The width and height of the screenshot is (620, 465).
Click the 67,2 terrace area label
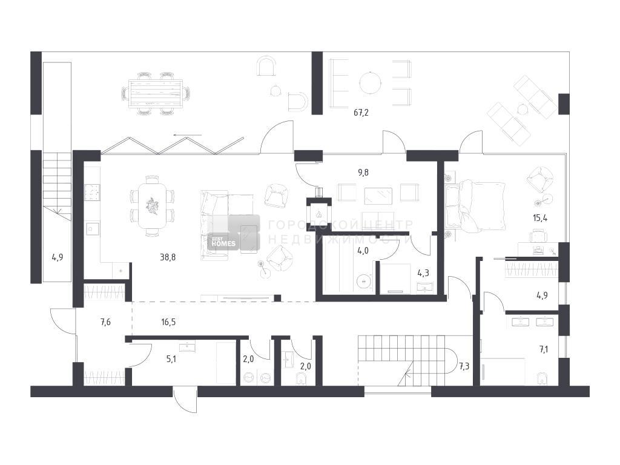coord(361,113)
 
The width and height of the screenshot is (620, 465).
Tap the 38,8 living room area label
coord(168,257)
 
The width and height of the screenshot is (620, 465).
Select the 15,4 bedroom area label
coord(539,218)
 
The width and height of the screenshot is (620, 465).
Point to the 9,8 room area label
coord(363,173)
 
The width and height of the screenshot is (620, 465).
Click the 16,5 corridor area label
coord(168,322)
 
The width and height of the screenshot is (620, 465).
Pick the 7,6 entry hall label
coord(105,322)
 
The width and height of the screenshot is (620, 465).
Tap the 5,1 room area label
coord(171,360)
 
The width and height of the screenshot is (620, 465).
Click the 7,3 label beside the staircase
coord(464,366)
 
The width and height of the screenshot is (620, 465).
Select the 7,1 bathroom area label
coord(544,349)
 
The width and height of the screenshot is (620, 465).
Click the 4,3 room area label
coord(423,272)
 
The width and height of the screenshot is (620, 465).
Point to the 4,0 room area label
coord(363,250)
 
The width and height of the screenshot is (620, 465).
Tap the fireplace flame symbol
coord(318,214)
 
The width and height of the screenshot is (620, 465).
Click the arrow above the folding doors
coord(188,136)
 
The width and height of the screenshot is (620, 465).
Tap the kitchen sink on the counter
coord(92,229)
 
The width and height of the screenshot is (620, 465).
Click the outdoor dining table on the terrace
coord(156,93)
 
